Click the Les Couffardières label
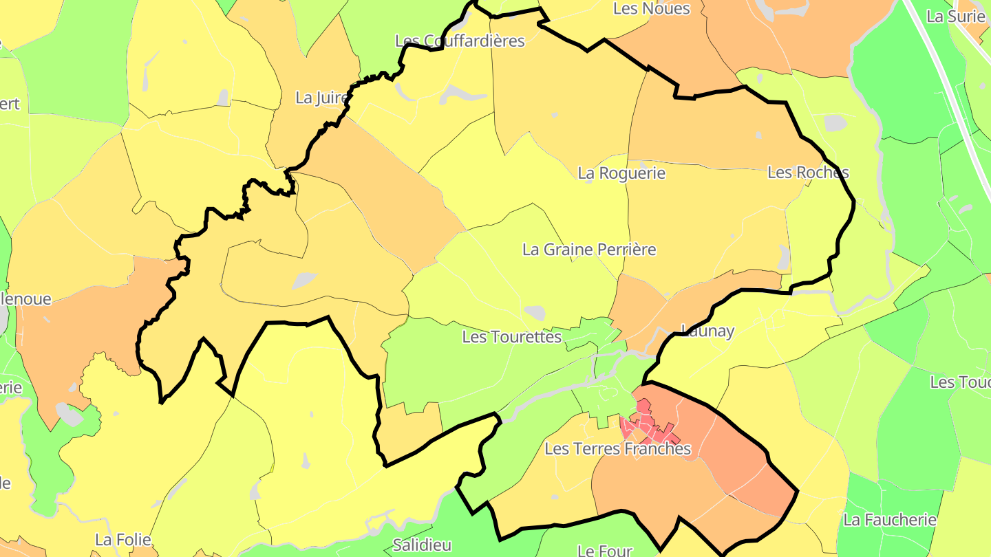(x=460, y=41)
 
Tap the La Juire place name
(x=321, y=98)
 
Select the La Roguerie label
(x=621, y=173)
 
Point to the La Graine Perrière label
(x=589, y=249)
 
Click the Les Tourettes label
(x=512, y=337)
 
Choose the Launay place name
(x=707, y=331)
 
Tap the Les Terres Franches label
(x=617, y=449)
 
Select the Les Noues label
(x=651, y=8)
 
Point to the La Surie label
(x=956, y=17)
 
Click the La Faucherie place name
(x=890, y=520)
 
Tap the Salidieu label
(x=422, y=545)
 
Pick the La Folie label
(x=123, y=539)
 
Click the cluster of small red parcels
(x=647, y=425)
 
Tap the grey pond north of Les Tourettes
(x=534, y=313)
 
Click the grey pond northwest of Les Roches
(x=835, y=123)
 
